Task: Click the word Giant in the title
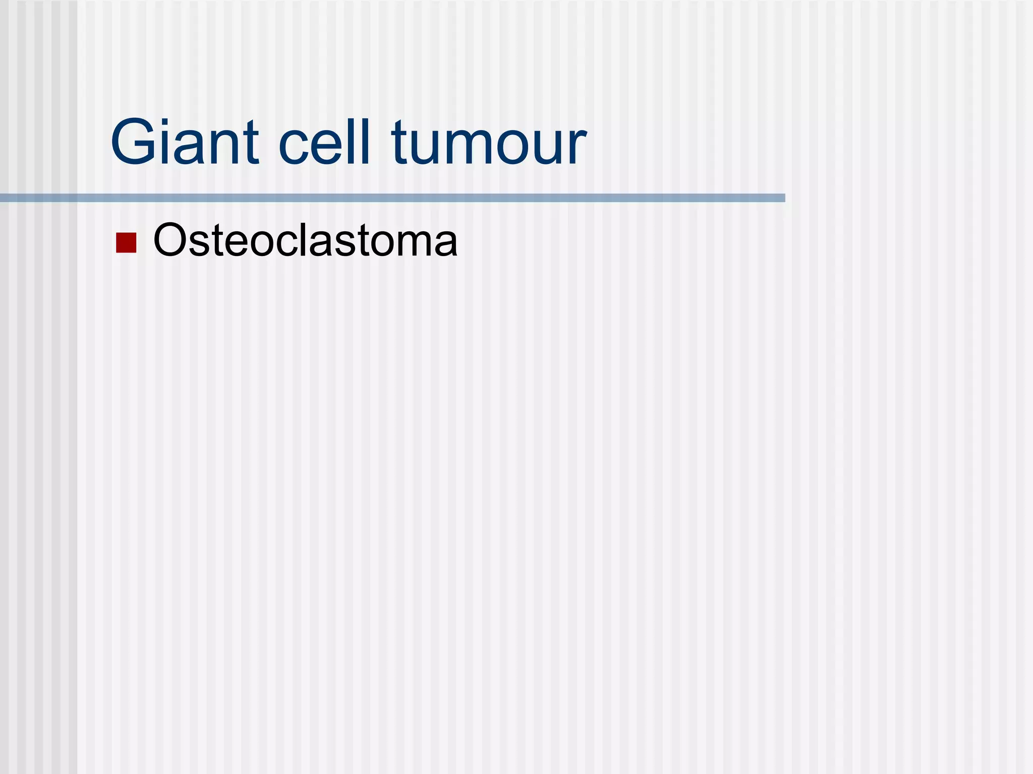tap(185, 142)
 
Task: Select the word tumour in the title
tap(488, 142)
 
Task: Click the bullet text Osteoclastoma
tap(305, 240)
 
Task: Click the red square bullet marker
tap(126, 242)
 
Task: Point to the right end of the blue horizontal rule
tap(783, 198)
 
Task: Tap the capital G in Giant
tap(133, 142)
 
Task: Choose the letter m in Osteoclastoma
tap(413, 244)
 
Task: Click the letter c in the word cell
tap(293, 147)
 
